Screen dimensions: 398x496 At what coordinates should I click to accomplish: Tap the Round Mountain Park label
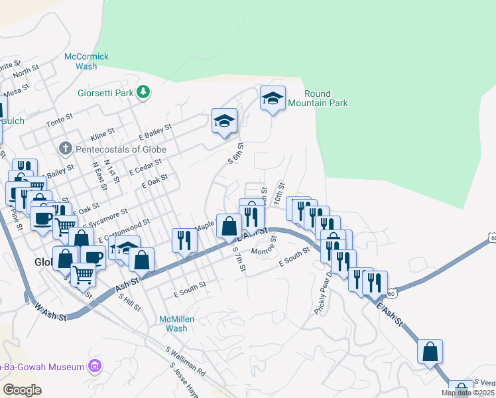tap(326, 98)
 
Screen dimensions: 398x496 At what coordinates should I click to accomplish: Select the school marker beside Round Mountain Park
tap(273, 99)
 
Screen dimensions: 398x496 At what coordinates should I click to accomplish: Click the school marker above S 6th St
tap(224, 121)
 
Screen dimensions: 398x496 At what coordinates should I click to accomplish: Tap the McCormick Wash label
tap(86, 62)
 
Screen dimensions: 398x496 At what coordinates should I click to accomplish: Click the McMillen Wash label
tap(176, 324)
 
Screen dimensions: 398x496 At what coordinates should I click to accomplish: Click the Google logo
tap(22, 390)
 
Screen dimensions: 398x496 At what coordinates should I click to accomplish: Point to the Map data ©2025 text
tap(467, 393)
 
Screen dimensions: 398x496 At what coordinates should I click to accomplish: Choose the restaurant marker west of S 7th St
tap(184, 240)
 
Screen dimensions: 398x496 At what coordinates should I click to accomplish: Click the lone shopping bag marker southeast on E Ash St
tap(430, 351)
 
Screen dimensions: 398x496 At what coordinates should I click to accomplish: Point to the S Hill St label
tap(129, 302)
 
